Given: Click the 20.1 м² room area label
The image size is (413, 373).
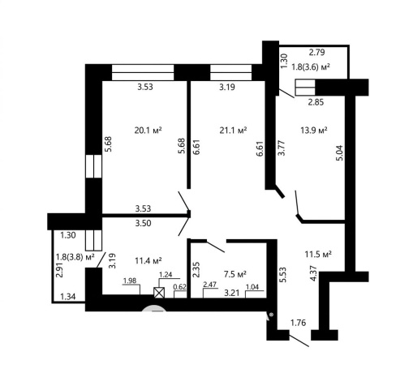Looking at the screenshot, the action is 148,131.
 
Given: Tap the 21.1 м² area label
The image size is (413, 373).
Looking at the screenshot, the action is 233,131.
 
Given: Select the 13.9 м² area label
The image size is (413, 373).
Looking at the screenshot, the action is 314,131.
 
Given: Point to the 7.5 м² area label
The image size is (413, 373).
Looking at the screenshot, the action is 234,274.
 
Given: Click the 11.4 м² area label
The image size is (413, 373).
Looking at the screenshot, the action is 148,261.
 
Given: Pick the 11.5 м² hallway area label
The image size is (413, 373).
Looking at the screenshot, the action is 318,254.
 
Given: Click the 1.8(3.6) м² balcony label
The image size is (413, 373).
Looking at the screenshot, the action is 311,66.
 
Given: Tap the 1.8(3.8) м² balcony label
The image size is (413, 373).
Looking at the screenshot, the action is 75,256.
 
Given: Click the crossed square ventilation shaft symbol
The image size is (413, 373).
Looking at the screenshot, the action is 159,293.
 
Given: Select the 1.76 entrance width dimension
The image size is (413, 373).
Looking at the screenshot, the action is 299,323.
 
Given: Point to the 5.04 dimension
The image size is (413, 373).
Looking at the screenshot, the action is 339,153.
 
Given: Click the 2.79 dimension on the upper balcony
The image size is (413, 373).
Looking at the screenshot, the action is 316,52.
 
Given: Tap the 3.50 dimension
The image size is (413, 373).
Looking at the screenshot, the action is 143,223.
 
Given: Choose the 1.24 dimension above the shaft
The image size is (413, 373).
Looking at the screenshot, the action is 166,275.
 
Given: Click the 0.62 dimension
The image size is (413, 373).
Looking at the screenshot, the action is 180,287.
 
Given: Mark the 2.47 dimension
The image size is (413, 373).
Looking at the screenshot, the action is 209,285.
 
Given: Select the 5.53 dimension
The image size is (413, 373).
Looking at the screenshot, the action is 282,275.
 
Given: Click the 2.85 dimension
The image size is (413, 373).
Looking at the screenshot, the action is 316,102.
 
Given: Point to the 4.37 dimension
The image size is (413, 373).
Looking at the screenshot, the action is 313,274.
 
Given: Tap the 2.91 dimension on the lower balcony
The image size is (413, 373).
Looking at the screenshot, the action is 59,270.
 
